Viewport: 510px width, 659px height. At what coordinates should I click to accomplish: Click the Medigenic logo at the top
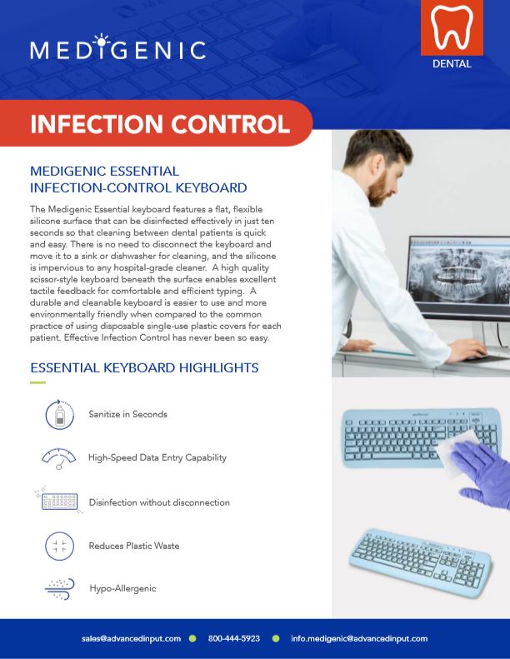pos(117,49)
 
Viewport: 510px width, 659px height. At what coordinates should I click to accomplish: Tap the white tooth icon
pos(451,28)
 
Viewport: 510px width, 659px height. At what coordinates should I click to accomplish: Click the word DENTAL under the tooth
pos(452,63)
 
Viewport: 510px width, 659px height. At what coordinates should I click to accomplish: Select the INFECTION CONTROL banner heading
pos(160,123)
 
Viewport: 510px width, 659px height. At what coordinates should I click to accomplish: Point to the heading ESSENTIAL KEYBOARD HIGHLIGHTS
pos(144,367)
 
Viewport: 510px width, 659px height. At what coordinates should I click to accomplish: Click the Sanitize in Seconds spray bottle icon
pos(60,414)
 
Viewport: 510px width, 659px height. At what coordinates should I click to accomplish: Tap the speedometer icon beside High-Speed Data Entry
pos(59,457)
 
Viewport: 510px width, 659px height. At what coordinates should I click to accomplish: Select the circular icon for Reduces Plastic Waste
pos(59,546)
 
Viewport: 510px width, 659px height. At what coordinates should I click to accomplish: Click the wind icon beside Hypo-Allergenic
pos(60,589)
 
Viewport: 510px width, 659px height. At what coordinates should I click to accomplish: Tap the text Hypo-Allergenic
pos(122,588)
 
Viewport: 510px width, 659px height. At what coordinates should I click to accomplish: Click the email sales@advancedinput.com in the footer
pos(131,638)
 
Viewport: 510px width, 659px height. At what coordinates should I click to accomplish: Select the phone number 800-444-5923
pos(234,638)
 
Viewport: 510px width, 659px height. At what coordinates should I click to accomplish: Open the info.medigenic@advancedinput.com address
pos(359,638)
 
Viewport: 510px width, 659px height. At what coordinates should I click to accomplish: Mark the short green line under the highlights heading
pos(37,382)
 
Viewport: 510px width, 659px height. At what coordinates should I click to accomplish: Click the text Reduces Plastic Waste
pos(134,546)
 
